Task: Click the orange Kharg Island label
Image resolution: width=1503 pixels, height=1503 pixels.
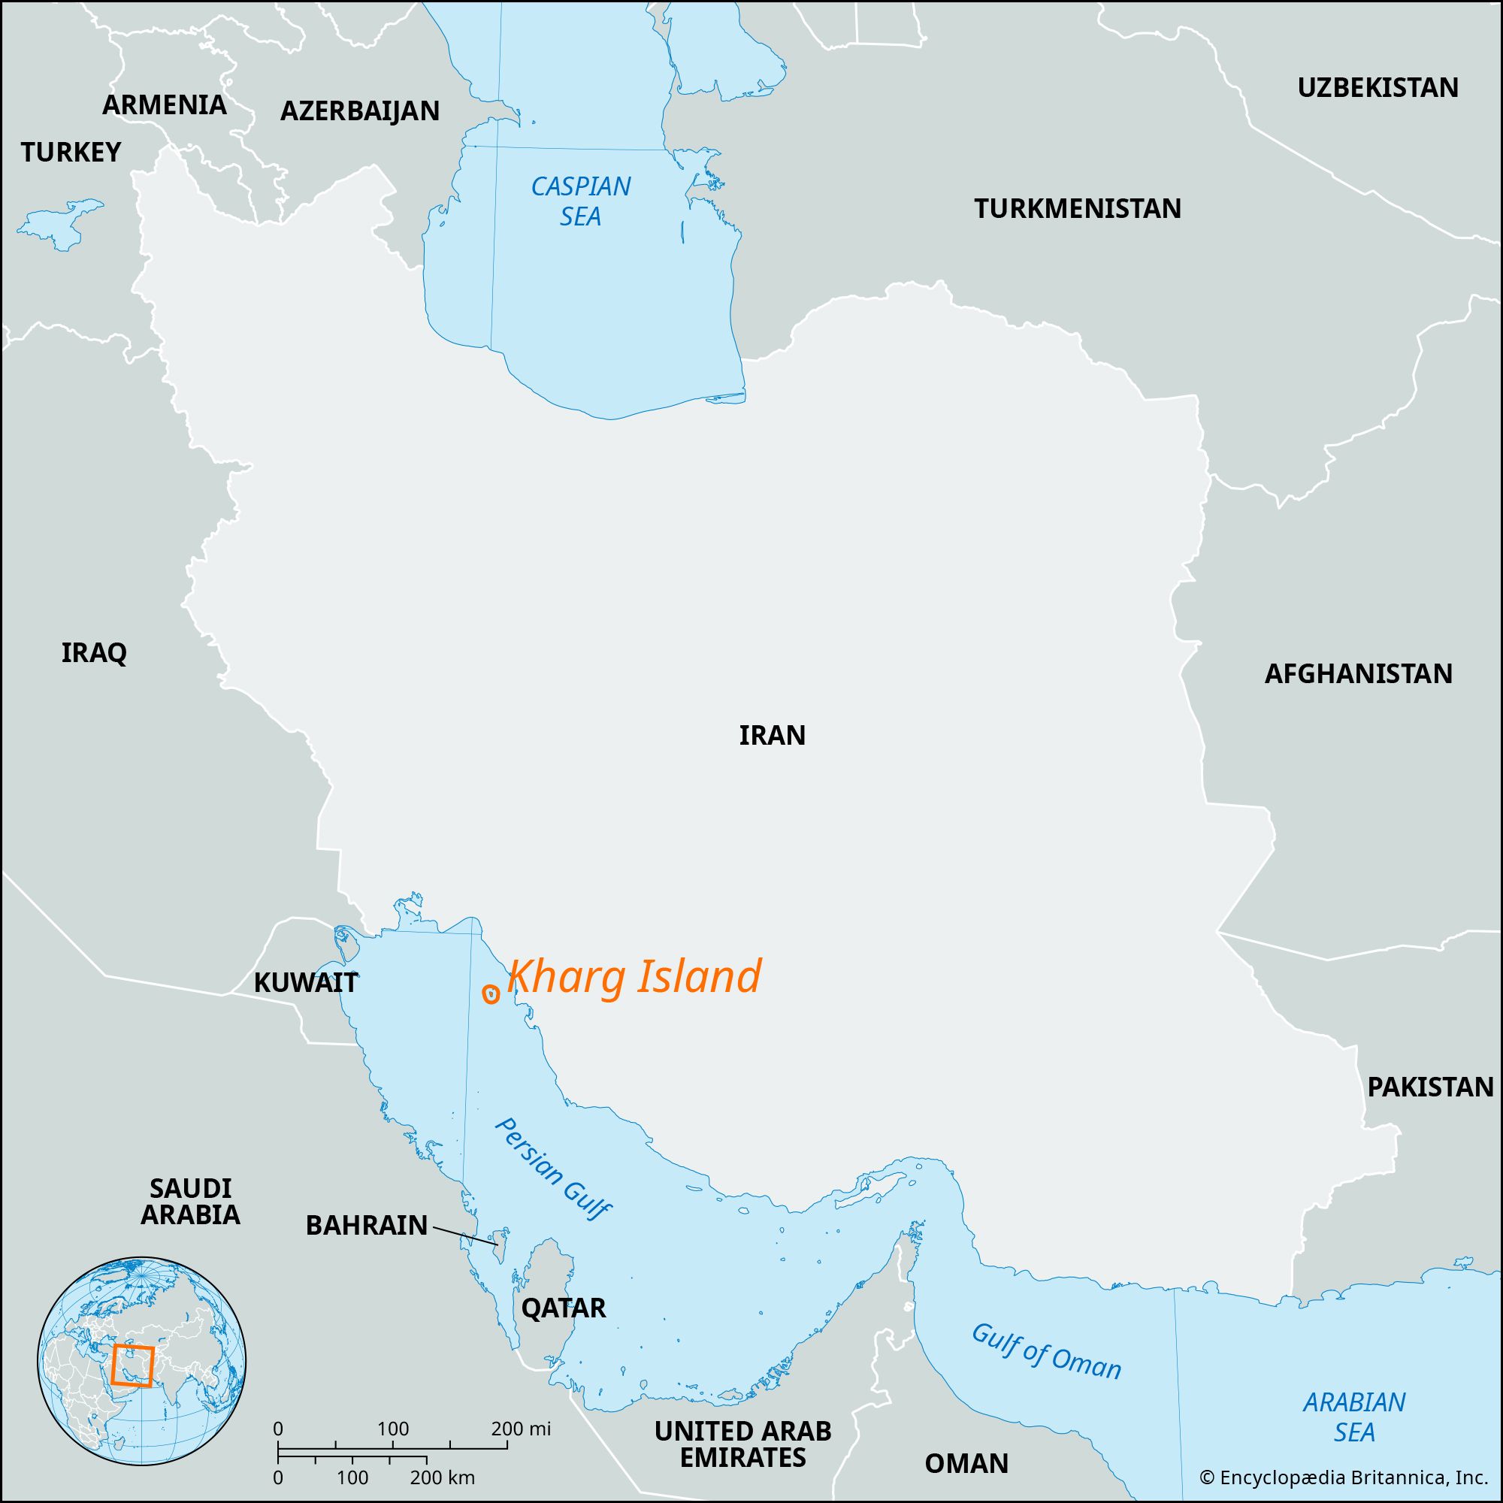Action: click(634, 978)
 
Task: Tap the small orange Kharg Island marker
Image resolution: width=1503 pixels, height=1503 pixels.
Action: click(491, 993)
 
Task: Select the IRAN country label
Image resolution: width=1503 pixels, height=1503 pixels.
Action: click(772, 735)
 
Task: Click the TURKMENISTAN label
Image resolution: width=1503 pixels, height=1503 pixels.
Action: click(1078, 208)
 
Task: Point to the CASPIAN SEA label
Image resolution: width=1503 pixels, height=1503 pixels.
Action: click(580, 201)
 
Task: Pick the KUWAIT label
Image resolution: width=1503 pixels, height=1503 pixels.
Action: click(306, 982)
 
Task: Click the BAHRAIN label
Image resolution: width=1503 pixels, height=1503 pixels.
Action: click(367, 1225)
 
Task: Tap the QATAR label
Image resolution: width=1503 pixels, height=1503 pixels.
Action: click(563, 1308)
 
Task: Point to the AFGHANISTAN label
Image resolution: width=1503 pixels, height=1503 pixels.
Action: click(1358, 673)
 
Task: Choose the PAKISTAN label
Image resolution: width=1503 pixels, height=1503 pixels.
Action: click(1431, 1087)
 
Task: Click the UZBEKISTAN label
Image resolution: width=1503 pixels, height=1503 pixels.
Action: click(1377, 88)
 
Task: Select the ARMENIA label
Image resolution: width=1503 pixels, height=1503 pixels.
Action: click(164, 104)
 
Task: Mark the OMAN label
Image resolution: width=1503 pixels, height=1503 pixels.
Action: click(966, 1463)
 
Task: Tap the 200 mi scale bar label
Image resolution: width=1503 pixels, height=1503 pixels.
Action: click(521, 1429)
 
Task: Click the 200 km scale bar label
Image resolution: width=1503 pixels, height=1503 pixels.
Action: click(442, 1477)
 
